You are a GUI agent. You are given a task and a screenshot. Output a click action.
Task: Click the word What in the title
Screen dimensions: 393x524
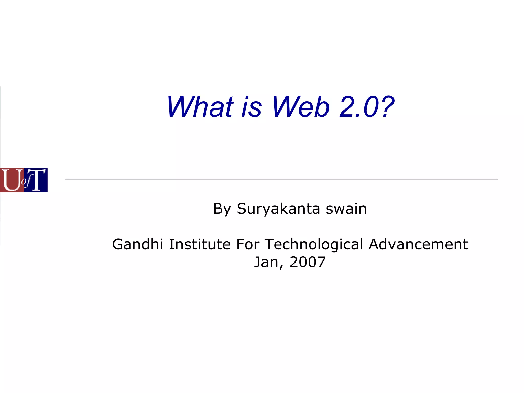[200, 107]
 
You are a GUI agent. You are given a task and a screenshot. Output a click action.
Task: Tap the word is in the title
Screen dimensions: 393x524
[252, 107]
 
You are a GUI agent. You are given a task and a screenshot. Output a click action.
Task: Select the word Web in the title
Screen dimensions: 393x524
[300, 107]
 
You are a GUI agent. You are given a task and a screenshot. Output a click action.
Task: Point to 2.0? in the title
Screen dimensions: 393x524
[367, 107]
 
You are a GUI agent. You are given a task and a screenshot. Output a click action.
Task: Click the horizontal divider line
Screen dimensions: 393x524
[281, 179]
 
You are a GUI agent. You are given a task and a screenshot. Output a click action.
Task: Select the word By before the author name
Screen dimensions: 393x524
[222, 209]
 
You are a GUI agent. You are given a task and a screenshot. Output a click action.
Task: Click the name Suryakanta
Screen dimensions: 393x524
[278, 209]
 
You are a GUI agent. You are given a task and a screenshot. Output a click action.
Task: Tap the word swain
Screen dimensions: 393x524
[346, 209]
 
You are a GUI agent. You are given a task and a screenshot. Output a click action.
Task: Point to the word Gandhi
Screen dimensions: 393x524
[137, 244]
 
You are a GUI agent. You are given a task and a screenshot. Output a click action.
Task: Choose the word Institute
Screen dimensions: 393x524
[200, 244]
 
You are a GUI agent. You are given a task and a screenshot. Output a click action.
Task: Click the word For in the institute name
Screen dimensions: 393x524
[247, 244]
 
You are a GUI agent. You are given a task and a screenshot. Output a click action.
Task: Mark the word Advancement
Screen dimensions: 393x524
[418, 244]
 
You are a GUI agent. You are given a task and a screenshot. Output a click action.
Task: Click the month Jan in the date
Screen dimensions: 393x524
[266, 262]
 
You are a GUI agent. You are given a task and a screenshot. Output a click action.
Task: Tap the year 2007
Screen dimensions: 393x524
[308, 262]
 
